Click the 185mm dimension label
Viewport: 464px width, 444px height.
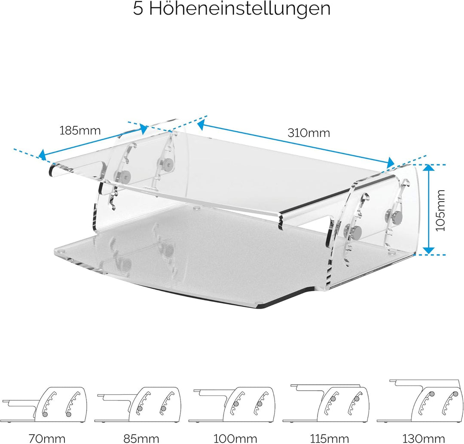pyautogui.click(x=80, y=130)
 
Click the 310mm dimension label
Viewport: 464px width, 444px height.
pyautogui.click(x=309, y=133)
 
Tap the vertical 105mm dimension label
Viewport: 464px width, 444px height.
pyautogui.click(x=440, y=210)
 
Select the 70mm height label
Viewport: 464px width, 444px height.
pyautogui.click(x=47, y=438)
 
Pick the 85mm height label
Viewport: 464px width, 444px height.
pyautogui.click(x=140, y=438)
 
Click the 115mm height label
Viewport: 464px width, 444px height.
pyautogui.click(x=329, y=438)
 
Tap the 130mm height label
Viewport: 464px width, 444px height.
pyautogui.click(x=423, y=438)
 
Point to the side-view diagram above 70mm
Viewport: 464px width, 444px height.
pyautogui.click(x=45, y=403)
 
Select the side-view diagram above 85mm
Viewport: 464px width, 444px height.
pyautogui.click(x=139, y=403)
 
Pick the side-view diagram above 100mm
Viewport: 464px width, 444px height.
pyautogui.click(x=235, y=403)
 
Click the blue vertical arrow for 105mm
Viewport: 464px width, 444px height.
pyautogui.click(x=428, y=209)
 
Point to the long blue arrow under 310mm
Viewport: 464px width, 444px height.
pyautogui.click(x=296, y=143)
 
